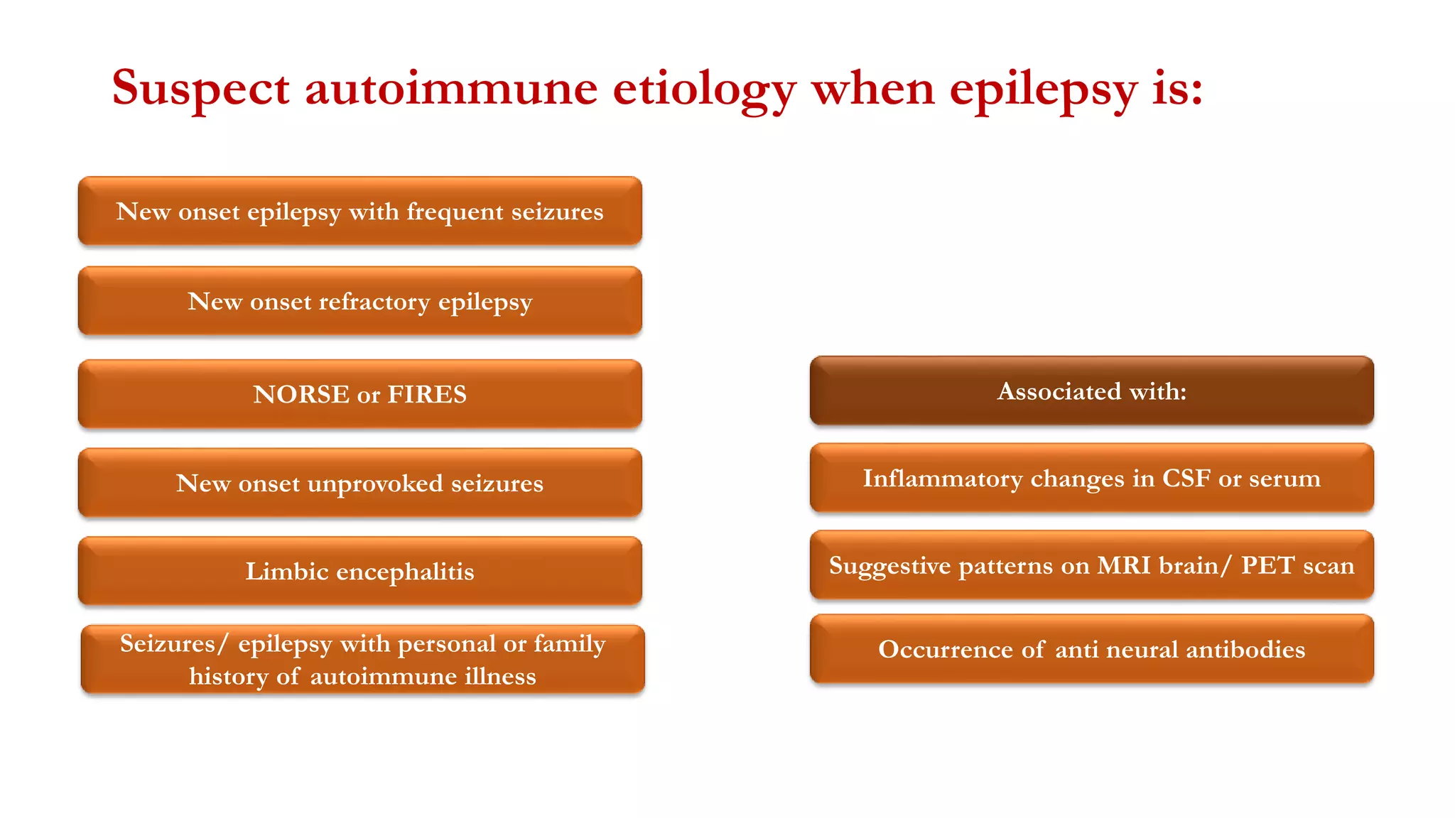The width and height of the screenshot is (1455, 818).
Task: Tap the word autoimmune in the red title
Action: click(451, 89)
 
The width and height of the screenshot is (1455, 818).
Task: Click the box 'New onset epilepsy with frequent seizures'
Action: click(359, 212)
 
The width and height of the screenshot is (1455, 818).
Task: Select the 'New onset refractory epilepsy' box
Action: click(359, 301)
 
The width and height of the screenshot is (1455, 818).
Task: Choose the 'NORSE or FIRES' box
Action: click(359, 394)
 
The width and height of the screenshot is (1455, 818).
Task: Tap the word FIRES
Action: click(427, 394)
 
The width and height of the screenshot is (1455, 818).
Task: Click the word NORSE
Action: click(301, 394)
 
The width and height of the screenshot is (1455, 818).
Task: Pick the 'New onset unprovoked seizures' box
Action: click(359, 483)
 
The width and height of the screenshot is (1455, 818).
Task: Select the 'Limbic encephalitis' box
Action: click(359, 572)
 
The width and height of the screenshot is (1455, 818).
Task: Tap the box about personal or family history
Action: click(362, 660)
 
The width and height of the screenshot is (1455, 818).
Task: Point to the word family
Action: click(570, 644)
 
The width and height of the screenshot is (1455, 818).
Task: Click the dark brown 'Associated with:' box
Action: click(1091, 391)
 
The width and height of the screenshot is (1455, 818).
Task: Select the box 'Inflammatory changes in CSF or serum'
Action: click(1091, 479)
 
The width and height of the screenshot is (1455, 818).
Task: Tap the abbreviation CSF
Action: click(1186, 479)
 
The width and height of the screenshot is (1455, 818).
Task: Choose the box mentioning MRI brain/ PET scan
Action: click(1091, 566)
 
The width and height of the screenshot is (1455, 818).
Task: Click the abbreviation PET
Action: click(1268, 566)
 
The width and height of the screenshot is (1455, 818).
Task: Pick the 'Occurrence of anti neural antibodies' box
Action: click(1091, 650)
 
